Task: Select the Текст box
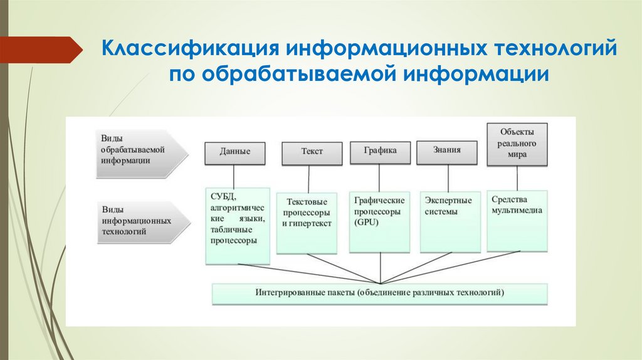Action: tap(312, 152)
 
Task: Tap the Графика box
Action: tap(380, 151)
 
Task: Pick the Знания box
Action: tap(447, 151)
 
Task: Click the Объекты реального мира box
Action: tap(517, 144)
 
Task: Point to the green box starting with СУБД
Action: tap(238, 224)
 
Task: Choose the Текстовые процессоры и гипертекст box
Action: tap(307, 223)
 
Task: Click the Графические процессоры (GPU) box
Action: tap(379, 221)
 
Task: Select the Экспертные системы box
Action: tap(449, 221)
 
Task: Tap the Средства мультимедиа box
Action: tap(517, 220)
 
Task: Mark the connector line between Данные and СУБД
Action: tap(234, 176)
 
